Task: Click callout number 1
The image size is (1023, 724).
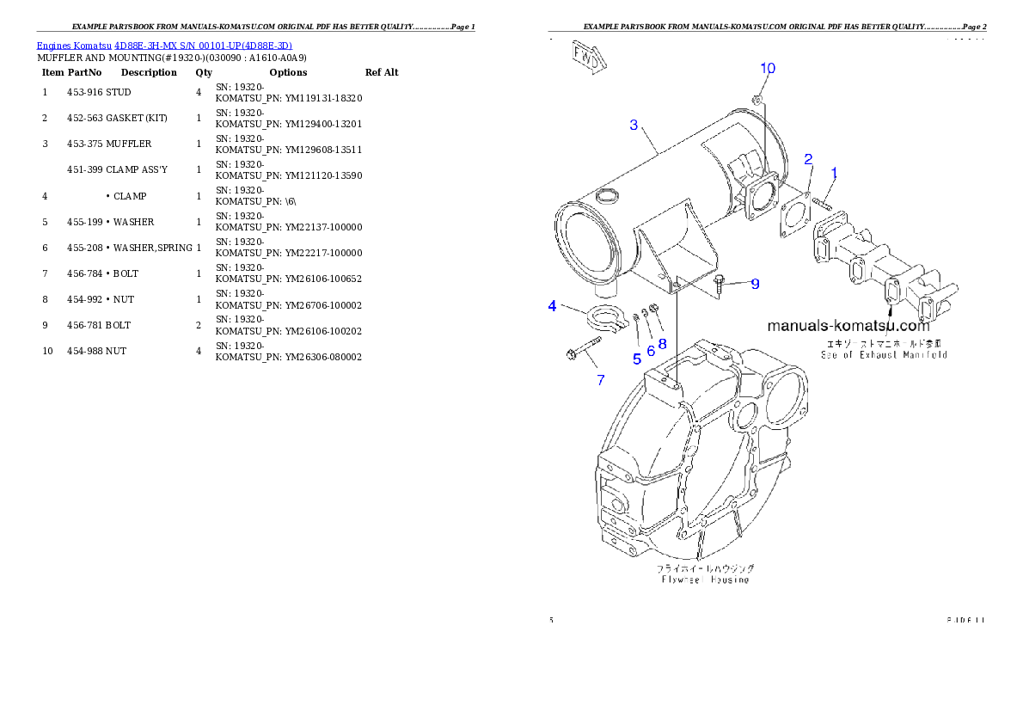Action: click(834, 173)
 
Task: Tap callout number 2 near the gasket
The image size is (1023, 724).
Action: click(808, 159)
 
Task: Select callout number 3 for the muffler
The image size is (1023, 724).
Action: click(634, 126)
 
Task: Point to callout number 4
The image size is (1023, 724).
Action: click(552, 306)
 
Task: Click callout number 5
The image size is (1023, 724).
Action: click(637, 359)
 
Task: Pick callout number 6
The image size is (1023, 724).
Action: click(651, 351)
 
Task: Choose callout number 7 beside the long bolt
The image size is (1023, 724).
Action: click(601, 379)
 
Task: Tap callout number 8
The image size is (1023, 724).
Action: click(662, 343)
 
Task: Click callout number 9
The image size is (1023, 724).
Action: click(755, 284)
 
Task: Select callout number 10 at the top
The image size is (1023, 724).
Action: click(768, 68)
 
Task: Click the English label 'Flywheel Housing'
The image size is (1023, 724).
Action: click(705, 580)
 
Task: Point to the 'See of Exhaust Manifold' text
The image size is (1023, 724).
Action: click(883, 354)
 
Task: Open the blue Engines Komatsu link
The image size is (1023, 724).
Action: click(164, 45)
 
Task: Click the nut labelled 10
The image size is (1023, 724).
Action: click(757, 100)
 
